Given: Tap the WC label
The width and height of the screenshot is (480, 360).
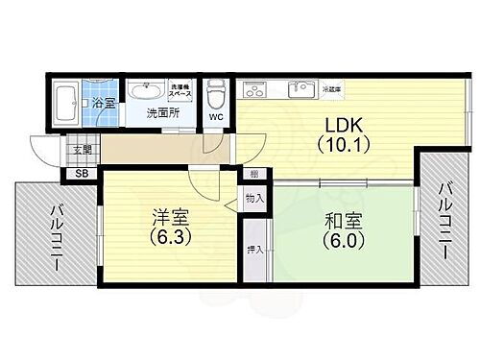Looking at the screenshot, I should click(x=217, y=117).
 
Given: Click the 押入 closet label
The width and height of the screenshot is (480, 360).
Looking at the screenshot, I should click(x=253, y=249).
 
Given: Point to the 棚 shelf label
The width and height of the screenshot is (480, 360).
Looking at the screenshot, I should click(x=252, y=175).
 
